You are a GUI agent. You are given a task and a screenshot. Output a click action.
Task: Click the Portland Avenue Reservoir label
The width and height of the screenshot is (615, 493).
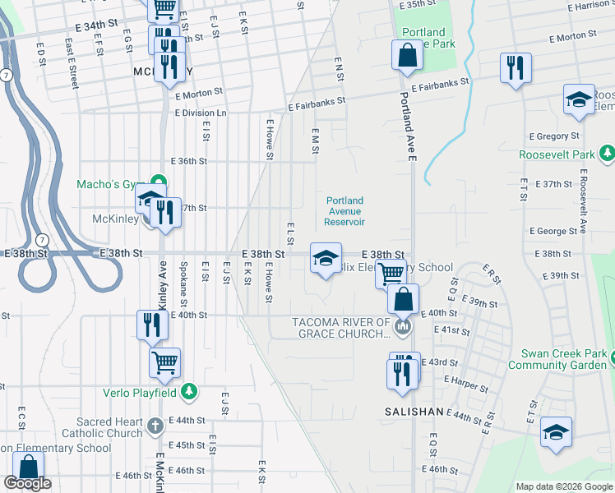pos(345,211)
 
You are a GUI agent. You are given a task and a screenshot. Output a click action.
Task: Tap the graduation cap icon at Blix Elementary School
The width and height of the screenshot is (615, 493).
pos(326,259)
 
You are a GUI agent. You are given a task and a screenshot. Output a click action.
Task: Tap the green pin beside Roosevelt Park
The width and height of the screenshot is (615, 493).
pos(607,153)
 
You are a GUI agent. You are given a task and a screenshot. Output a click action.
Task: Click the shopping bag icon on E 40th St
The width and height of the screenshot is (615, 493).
pos(403,299)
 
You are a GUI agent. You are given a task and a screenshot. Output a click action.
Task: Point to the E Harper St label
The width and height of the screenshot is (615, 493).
pos(465,380)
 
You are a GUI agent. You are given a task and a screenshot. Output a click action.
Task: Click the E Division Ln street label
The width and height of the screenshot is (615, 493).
pos(200,113)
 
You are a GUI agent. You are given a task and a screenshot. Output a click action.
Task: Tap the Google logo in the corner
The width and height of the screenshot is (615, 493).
pos(27,484)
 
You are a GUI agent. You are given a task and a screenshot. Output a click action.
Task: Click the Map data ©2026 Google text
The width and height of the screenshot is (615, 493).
pos(564,486)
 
